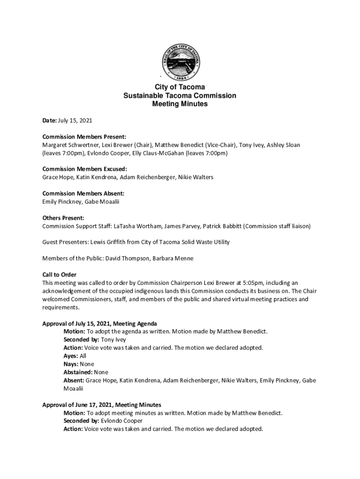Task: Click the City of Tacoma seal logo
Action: tap(180, 62)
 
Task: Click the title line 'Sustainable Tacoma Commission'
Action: tap(180, 95)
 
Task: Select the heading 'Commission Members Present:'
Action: tap(84, 137)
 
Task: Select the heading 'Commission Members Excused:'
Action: tap(85, 169)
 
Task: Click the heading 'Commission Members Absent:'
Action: tap(83, 194)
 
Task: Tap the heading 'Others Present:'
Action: tap(63, 218)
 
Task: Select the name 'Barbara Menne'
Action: tap(175, 258)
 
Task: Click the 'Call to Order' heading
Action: tap(59, 275)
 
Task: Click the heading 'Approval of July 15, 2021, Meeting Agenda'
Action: tap(100, 323)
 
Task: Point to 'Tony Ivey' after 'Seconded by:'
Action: tap(114, 340)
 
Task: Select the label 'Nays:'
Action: tap(71, 364)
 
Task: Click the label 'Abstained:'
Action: tap(78, 372)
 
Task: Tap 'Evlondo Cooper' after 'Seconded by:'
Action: tap(122, 421)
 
